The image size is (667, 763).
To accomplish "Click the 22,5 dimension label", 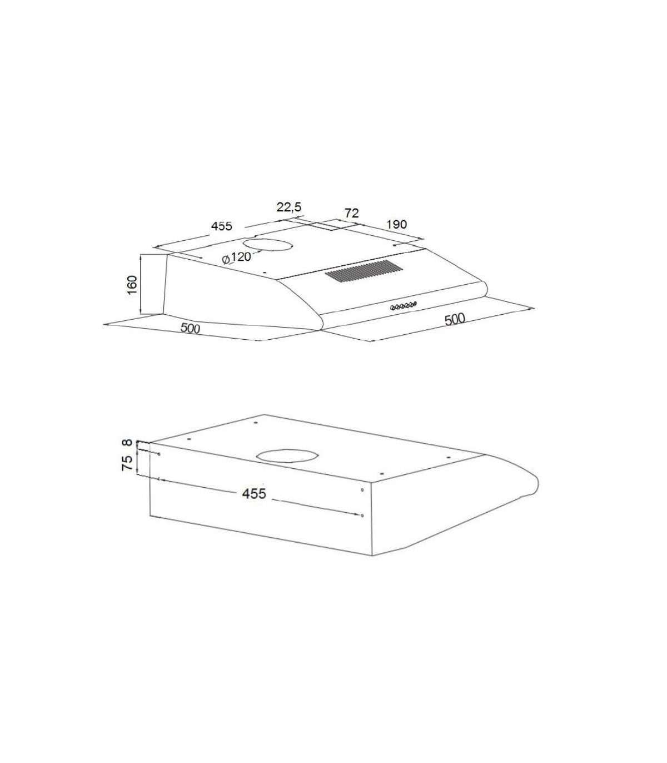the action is pyautogui.click(x=289, y=207).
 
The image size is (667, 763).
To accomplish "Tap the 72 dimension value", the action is pyautogui.click(x=351, y=213).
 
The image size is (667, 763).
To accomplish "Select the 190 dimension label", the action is pyautogui.click(x=396, y=225).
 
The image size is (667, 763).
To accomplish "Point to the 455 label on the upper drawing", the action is pyautogui.click(x=222, y=226).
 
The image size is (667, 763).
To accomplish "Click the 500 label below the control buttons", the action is pyautogui.click(x=455, y=319).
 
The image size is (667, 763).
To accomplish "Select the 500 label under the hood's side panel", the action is pyautogui.click(x=191, y=328).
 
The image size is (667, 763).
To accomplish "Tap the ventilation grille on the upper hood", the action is pyautogui.click(x=364, y=271).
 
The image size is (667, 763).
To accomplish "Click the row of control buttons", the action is pyautogui.click(x=403, y=306).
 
